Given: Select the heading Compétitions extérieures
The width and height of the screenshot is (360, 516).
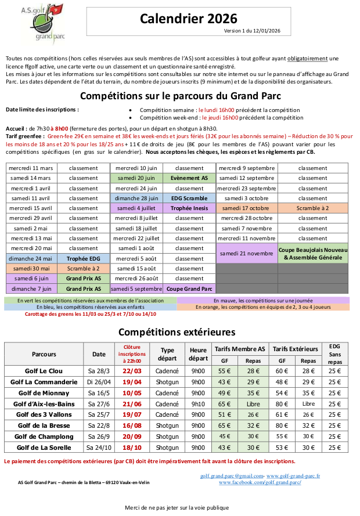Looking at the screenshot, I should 177,332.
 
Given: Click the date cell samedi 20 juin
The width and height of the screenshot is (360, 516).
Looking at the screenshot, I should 136,178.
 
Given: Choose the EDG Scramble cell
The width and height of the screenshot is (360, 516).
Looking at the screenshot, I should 189,198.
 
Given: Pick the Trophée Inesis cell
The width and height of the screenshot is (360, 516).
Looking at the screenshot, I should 189,208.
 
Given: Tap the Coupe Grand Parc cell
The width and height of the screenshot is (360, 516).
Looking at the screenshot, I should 189,288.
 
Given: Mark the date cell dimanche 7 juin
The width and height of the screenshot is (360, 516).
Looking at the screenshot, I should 31,288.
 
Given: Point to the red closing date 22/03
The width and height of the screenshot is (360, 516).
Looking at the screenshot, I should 132,371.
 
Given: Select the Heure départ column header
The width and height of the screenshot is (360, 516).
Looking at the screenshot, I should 197,354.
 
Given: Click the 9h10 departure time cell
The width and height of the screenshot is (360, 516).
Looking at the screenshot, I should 197,404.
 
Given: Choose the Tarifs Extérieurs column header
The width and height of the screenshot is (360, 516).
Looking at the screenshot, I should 294,349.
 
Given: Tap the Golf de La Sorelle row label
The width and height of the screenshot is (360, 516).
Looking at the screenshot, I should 44,448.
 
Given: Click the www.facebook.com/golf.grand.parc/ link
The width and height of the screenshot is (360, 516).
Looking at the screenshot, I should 260,482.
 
